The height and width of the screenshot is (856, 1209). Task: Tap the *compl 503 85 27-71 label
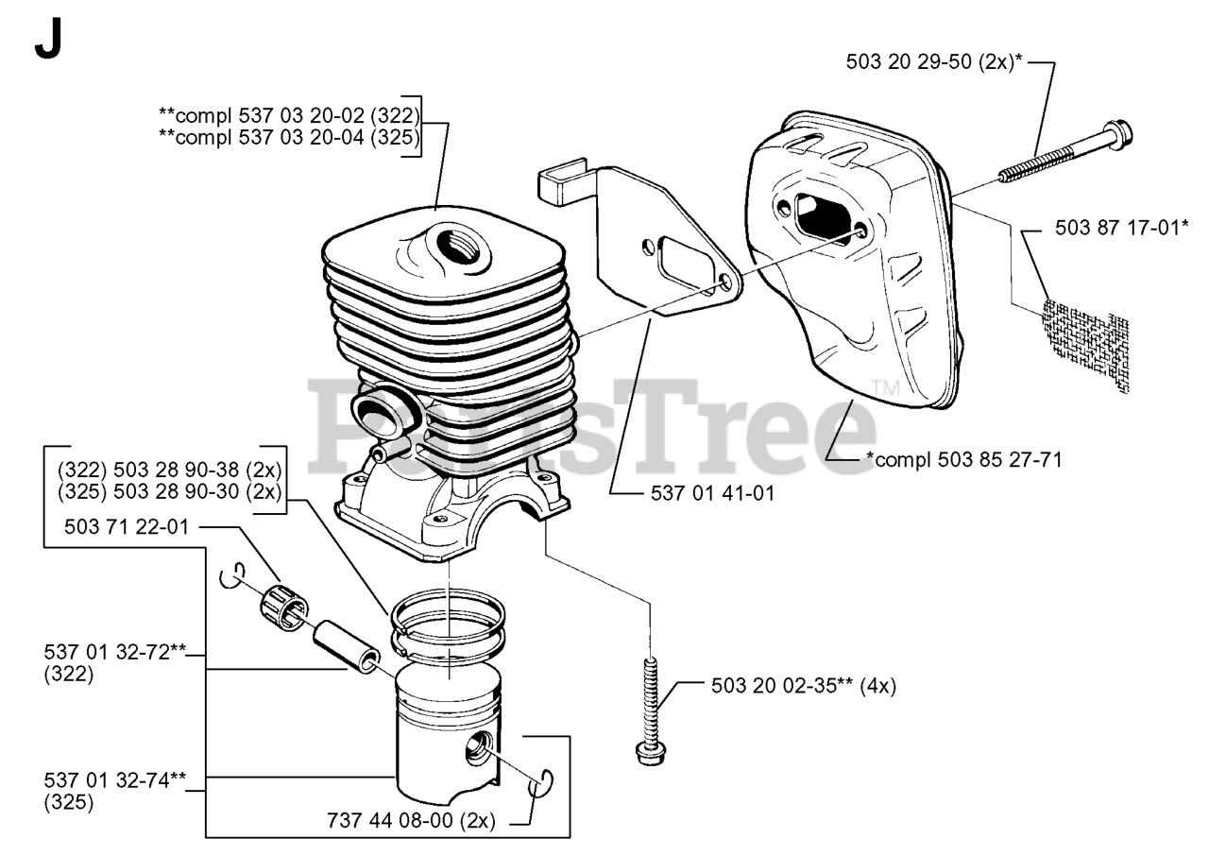click(964, 460)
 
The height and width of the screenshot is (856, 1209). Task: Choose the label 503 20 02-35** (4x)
click(803, 686)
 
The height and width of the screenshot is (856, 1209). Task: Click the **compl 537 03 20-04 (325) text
click(289, 136)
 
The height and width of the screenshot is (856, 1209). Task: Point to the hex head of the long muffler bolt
click(1118, 131)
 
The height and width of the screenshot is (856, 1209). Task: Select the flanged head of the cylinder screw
click(651, 751)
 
